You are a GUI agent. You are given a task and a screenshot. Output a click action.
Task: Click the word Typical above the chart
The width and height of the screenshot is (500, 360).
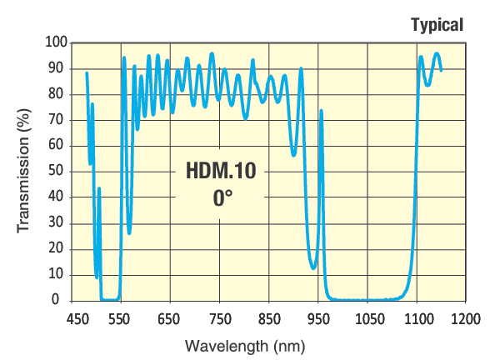click(x=437, y=25)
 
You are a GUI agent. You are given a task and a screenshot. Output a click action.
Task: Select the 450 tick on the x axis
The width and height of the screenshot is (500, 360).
click(x=78, y=318)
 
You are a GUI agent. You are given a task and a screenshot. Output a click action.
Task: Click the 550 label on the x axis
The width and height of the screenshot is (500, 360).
click(x=120, y=318)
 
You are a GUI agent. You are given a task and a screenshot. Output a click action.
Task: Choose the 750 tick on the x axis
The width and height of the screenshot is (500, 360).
click(x=220, y=318)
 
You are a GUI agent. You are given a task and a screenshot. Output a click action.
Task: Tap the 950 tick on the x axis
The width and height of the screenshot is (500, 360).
click(x=319, y=318)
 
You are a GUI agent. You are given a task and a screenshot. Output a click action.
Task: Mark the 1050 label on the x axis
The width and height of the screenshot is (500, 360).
click(x=369, y=318)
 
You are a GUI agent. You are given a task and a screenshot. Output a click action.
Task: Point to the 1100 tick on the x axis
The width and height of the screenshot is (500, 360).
click(x=419, y=318)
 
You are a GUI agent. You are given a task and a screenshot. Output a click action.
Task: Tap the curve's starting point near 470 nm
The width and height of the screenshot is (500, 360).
click(x=87, y=73)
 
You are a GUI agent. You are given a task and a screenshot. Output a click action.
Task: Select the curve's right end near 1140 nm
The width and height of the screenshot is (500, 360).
click(x=441, y=70)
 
